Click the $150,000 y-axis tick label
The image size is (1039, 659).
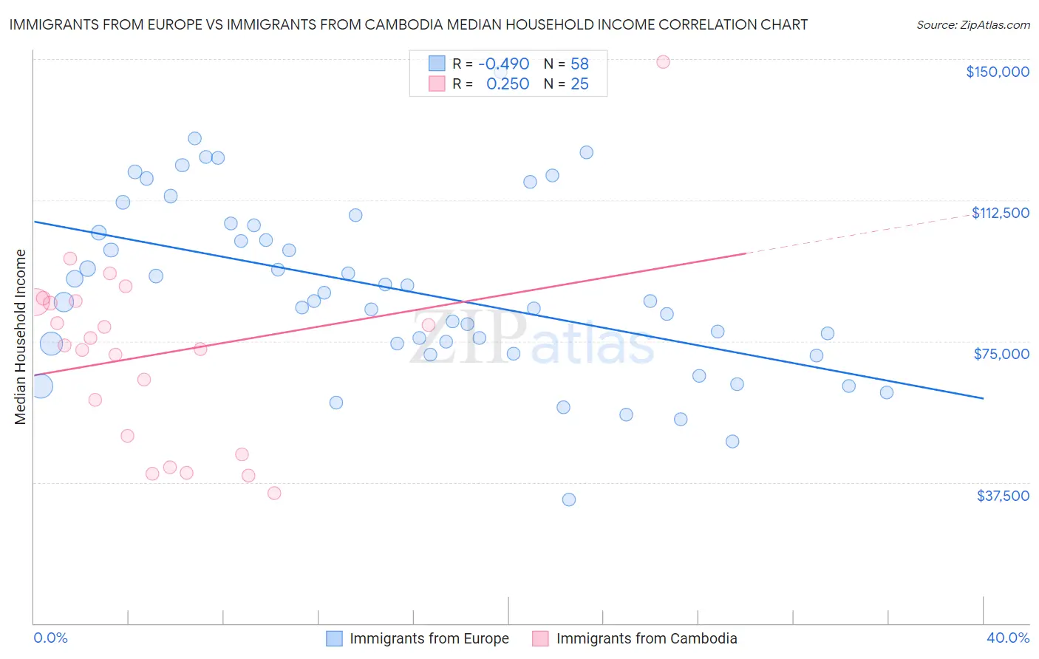(997, 72)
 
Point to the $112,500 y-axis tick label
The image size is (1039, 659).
(1000, 213)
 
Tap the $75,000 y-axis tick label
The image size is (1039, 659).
(1001, 354)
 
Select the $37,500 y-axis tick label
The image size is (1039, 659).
(1003, 496)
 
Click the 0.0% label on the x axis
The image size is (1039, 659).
(50, 638)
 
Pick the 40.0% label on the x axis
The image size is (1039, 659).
(1007, 638)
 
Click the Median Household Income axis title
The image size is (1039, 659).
(21, 337)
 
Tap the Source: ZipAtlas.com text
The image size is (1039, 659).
(972, 25)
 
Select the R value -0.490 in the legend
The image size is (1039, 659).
(503, 64)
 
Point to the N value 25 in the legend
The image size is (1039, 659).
(579, 84)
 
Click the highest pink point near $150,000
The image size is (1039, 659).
(663, 62)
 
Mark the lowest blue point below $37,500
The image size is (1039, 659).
(569, 499)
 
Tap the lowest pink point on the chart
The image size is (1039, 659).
(274, 493)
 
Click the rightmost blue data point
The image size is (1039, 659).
(887, 392)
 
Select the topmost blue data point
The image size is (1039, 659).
(195, 138)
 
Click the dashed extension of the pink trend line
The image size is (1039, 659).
(857, 234)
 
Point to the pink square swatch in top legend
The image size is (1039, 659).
(437, 84)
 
